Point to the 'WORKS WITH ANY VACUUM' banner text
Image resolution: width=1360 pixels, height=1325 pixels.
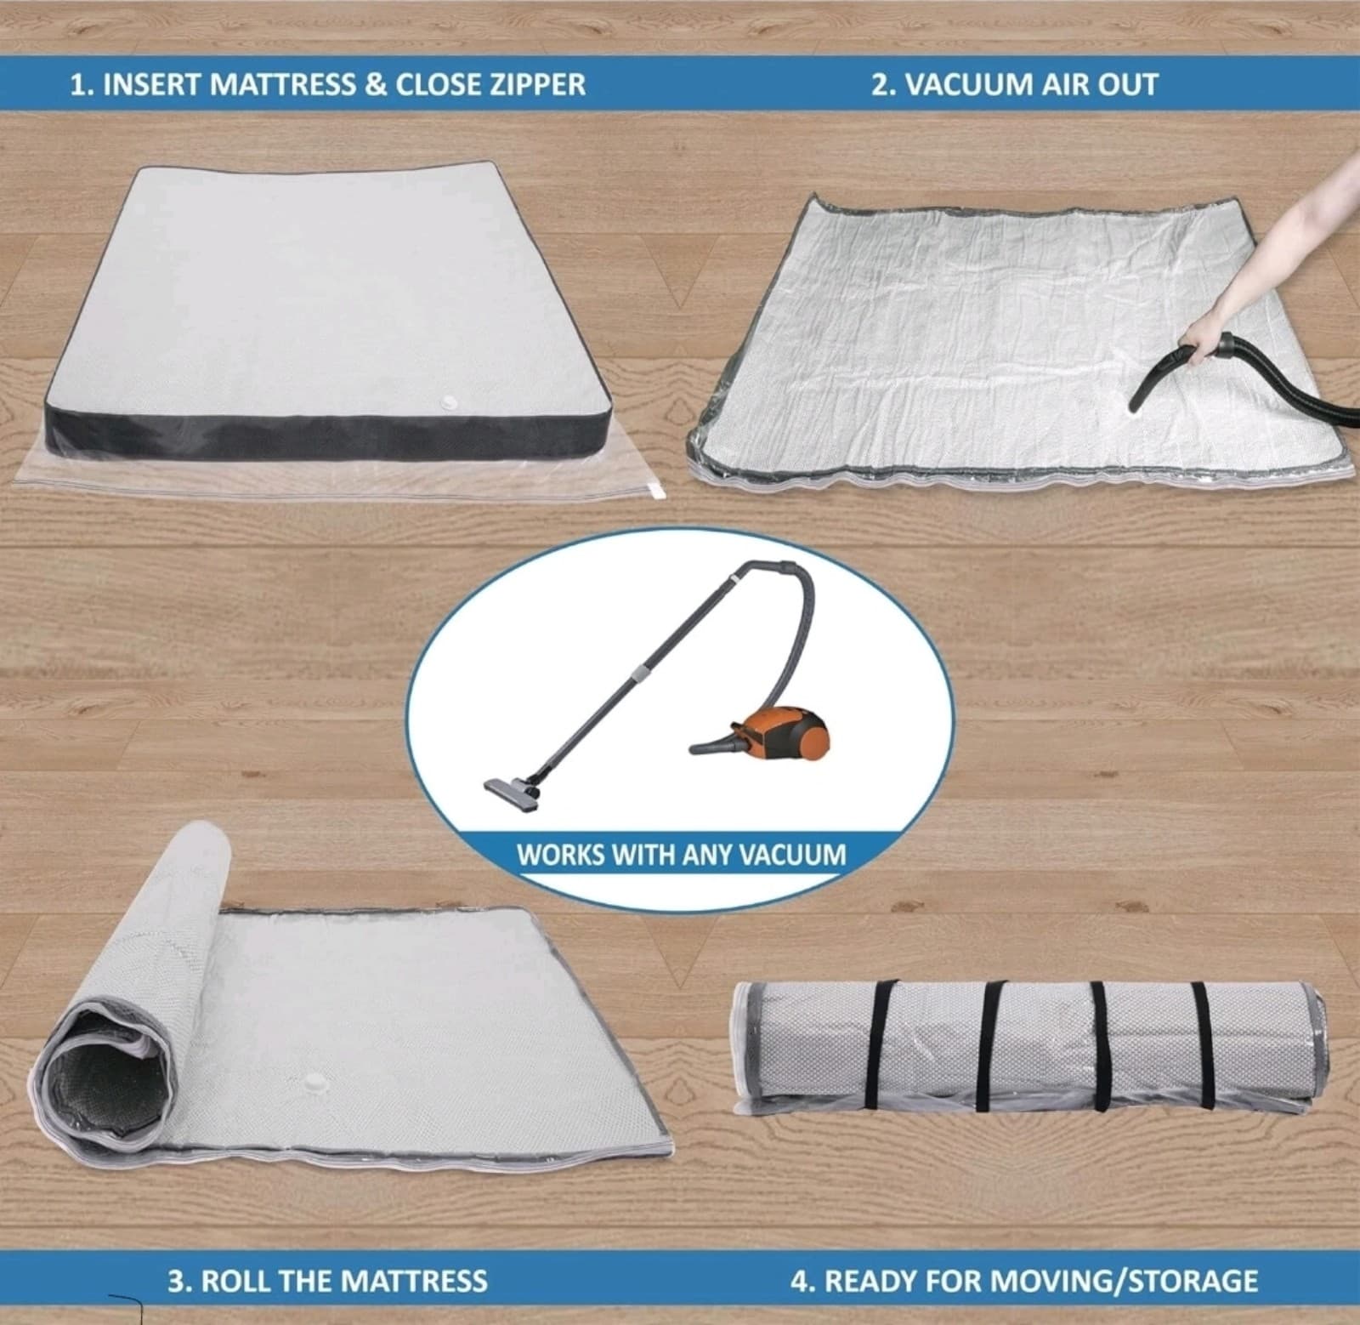point(682,854)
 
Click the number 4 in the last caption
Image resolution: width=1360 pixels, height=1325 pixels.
point(799,1280)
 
